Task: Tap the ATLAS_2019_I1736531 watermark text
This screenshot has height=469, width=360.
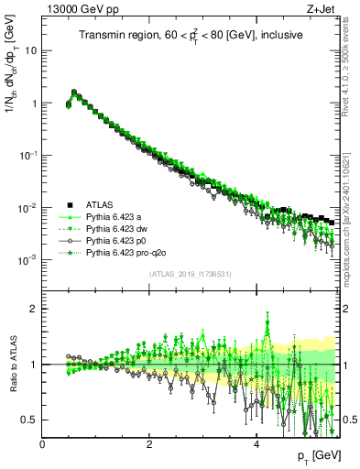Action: tap(190, 274)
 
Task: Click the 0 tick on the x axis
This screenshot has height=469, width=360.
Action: tap(42, 443)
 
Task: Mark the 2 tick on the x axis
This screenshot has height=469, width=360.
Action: tap(149, 443)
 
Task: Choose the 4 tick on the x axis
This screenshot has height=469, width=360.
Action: tap(256, 443)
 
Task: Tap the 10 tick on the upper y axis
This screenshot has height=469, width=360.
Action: tap(31, 51)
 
